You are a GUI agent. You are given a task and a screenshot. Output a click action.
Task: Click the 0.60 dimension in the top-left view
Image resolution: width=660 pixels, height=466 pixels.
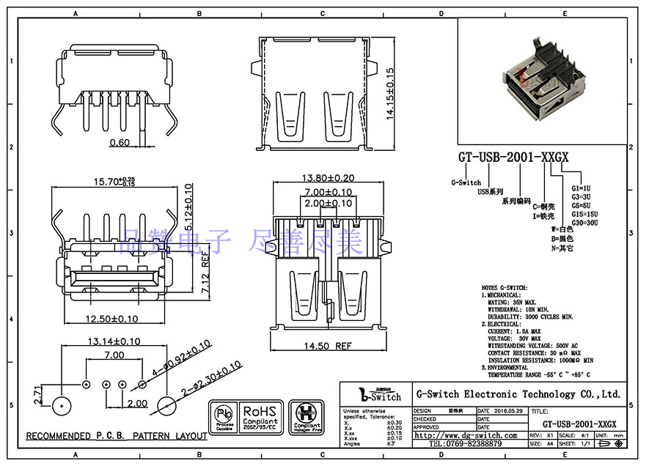(120, 142)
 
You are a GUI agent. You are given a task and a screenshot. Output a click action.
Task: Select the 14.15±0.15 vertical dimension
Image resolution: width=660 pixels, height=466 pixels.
(391, 94)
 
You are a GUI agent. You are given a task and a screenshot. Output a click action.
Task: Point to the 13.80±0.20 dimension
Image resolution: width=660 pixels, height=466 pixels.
(328, 178)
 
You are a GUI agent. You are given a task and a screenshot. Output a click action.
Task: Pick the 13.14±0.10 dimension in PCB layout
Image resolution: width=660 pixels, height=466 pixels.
(114, 341)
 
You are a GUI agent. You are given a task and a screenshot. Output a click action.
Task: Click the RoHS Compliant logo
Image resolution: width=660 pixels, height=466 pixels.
(260, 418)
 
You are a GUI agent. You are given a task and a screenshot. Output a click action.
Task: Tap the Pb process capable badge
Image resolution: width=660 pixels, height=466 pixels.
(224, 418)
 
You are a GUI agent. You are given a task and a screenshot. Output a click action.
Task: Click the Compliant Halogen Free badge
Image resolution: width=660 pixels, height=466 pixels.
(306, 418)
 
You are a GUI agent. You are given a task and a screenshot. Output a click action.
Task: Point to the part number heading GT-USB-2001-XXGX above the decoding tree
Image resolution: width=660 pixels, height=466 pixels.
(513, 158)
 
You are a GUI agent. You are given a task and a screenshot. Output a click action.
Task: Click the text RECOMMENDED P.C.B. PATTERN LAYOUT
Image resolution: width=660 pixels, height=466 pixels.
(117, 436)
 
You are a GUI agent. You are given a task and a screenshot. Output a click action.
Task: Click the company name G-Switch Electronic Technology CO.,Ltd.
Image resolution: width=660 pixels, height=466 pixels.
(518, 394)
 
